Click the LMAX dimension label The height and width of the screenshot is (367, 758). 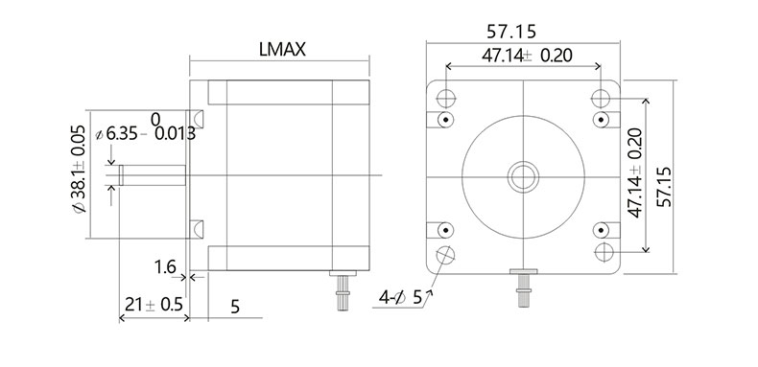point(282,49)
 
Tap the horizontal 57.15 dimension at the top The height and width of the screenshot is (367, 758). point(511,32)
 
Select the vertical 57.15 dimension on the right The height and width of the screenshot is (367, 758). point(665,187)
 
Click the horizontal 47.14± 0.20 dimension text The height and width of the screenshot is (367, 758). point(527,56)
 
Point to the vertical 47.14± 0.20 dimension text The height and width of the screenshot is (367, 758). point(635,172)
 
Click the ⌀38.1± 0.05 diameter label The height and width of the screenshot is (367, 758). point(79,169)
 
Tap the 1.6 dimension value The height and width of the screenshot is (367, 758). point(165,266)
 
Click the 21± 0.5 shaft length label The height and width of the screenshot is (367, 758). point(154,305)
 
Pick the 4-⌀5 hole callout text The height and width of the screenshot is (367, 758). point(401,297)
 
